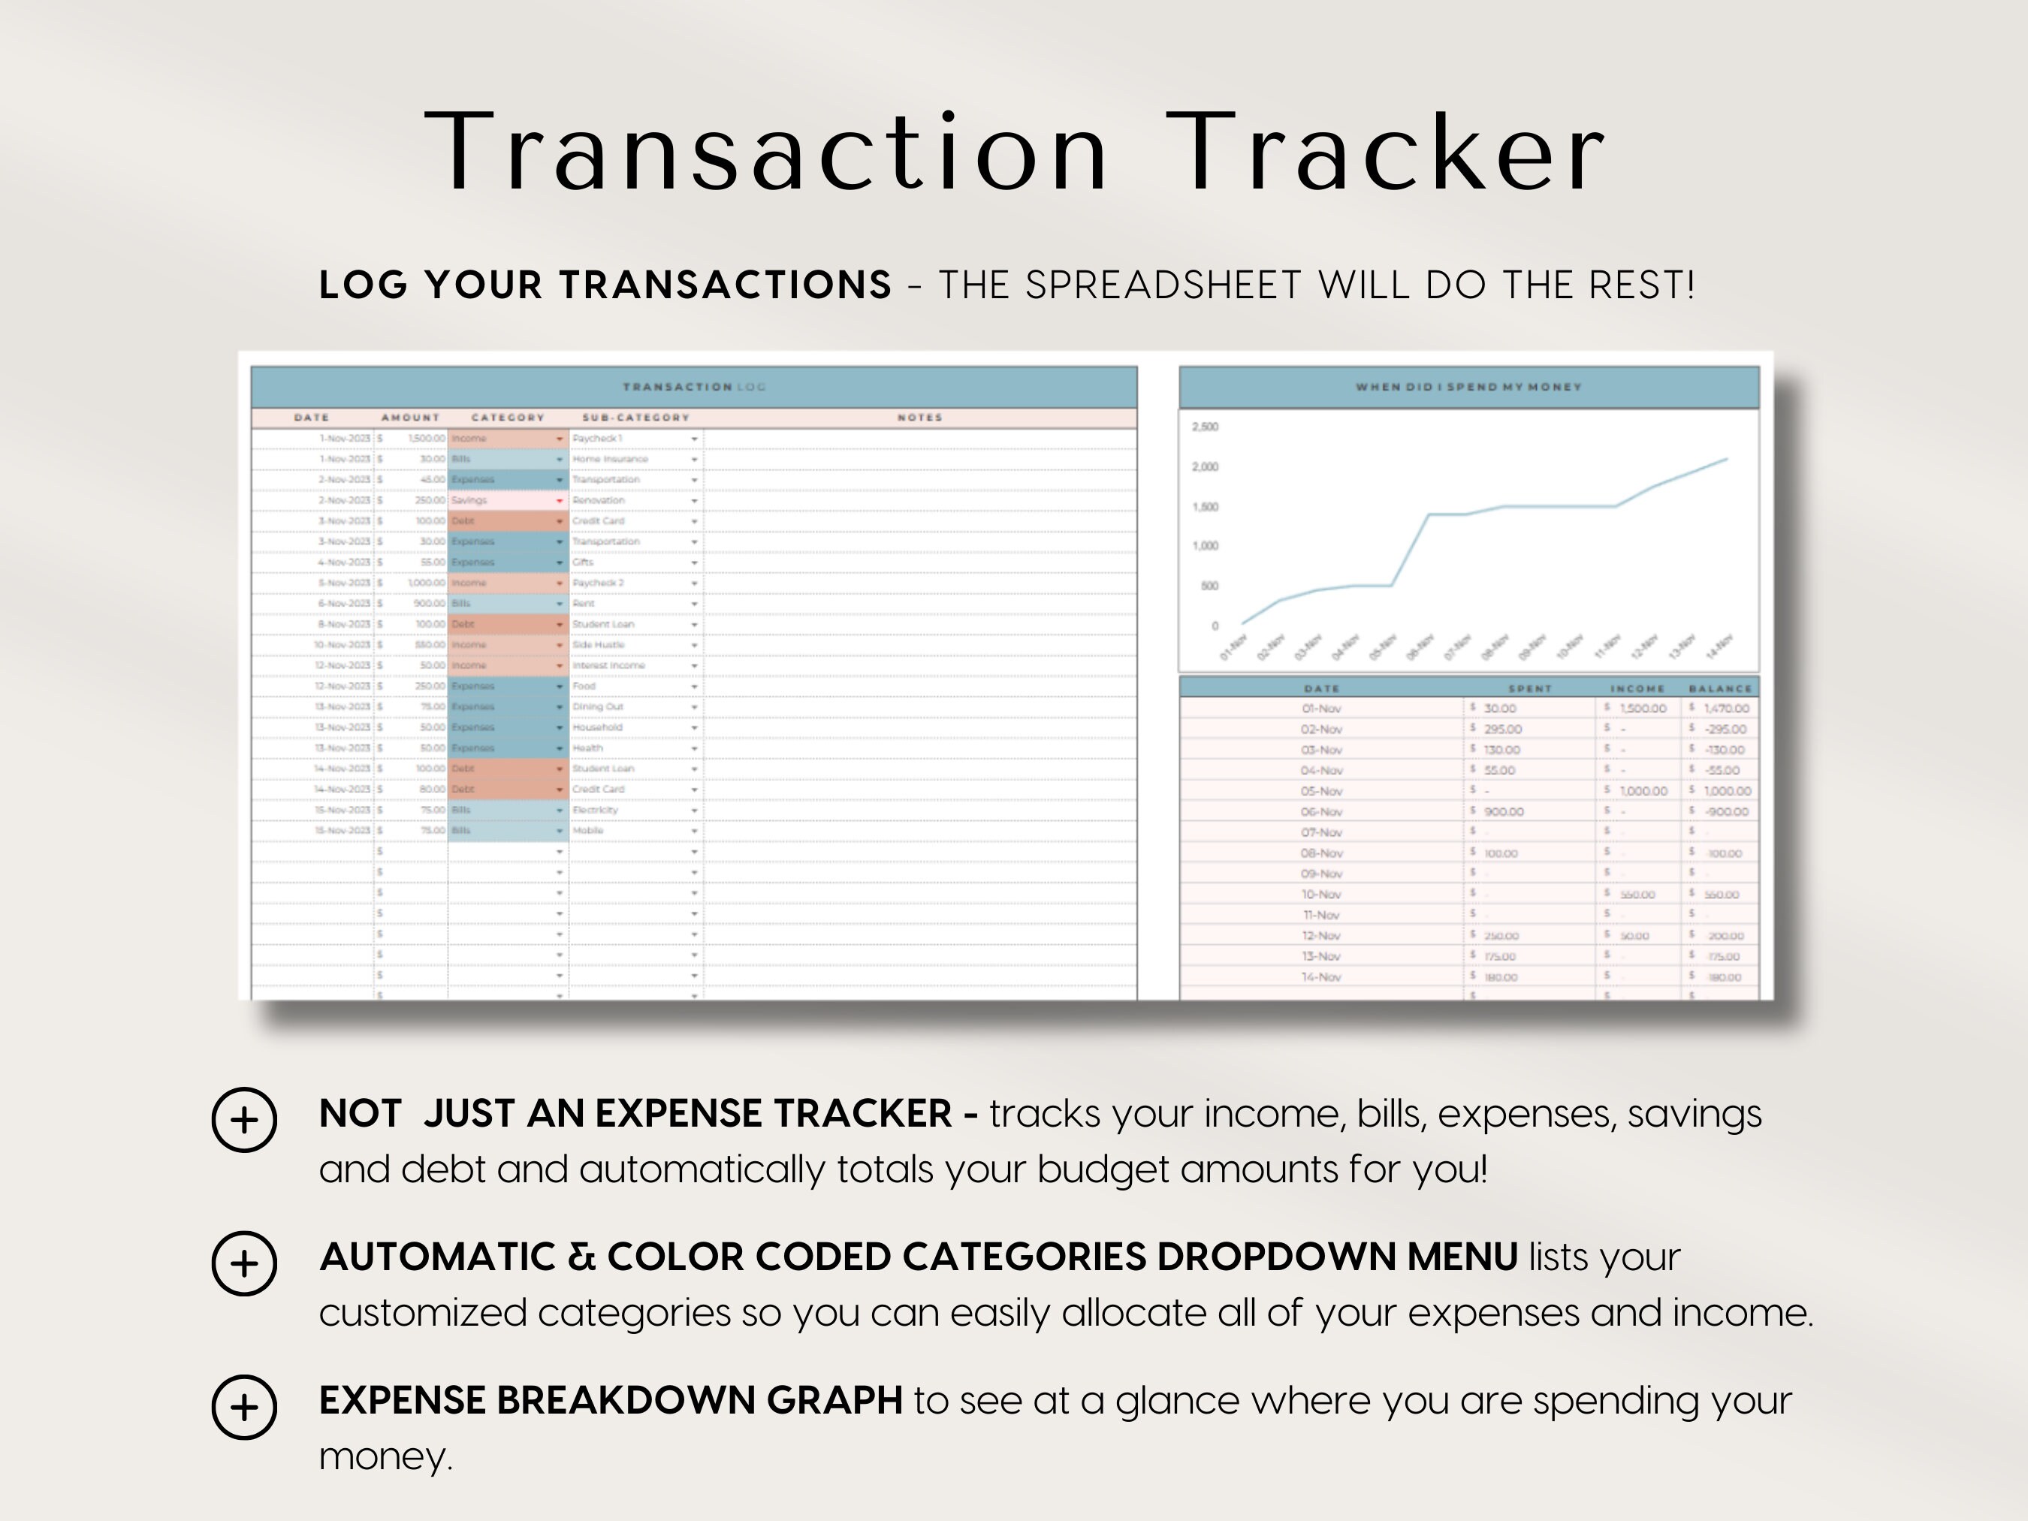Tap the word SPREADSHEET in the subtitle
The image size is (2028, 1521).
point(1163,285)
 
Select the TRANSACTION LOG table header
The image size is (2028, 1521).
point(694,387)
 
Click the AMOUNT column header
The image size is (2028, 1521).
point(410,417)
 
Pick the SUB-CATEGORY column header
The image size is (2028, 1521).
point(635,417)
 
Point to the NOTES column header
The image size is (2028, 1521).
point(919,417)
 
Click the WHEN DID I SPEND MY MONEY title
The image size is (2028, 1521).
point(1468,387)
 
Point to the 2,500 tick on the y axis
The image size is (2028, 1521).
point(1205,427)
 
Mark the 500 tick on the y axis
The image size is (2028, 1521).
point(1209,586)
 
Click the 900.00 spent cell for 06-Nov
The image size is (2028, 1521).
point(1504,811)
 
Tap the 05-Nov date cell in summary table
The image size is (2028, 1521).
point(1321,791)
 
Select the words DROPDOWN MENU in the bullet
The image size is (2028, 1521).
point(1337,1257)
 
